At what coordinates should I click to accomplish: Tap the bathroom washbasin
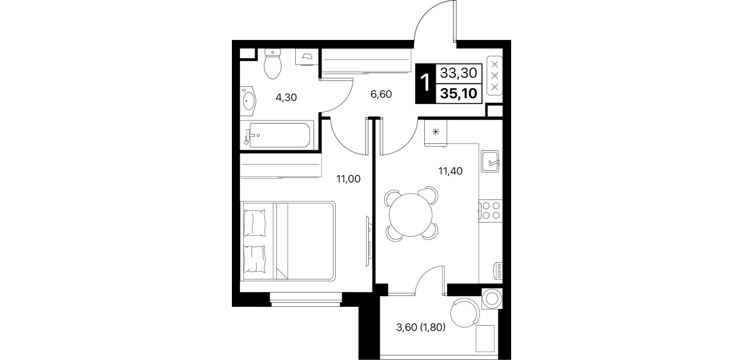click(x=248, y=101)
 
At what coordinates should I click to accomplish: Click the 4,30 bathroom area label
click(x=286, y=98)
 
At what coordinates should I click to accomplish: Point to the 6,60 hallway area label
click(x=381, y=94)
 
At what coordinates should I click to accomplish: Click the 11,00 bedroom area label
click(x=348, y=179)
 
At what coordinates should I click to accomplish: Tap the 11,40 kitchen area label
click(x=450, y=171)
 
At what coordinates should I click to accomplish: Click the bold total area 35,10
click(x=459, y=94)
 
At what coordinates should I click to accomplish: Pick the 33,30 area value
click(x=459, y=73)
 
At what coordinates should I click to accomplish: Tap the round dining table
click(x=411, y=215)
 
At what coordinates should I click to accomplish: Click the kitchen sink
click(x=490, y=161)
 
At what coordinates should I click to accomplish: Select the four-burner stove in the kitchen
click(x=491, y=211)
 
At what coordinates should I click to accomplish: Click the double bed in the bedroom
click(x=288, y=241)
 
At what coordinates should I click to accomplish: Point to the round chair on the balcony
click(x=465, y=313)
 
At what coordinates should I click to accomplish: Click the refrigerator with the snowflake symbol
click(x=436, y=133)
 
